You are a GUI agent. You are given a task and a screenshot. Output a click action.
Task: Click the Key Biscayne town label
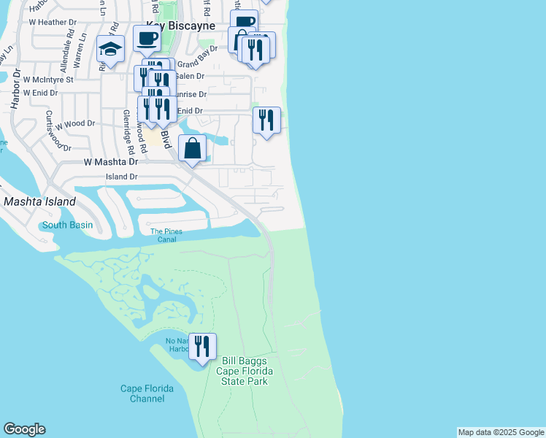pos(179,26)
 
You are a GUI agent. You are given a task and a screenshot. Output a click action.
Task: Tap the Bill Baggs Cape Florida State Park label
pos(242,371)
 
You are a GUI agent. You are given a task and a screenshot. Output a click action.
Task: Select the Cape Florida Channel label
pos(147,393)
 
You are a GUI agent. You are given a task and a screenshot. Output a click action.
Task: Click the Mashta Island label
pos(39,201)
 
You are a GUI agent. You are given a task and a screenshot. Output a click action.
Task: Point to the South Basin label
pos(67,225)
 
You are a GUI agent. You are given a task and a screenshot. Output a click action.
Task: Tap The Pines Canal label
pos(166,236)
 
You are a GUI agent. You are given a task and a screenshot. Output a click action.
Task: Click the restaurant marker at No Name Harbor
pos(202,345)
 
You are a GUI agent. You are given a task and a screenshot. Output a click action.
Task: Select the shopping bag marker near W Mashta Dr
pos(192,148)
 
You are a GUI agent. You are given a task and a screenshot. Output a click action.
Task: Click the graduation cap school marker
pos(111,48)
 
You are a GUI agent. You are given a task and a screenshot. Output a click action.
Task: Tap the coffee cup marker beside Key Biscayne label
pos(147,39)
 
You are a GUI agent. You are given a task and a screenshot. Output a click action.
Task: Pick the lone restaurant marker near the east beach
pos(266,120)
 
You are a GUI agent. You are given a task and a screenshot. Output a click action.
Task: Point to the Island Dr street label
pos(122,177)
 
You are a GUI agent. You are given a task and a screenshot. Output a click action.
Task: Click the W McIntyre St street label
pos(48,79)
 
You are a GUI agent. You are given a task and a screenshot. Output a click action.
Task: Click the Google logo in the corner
pos(24,429)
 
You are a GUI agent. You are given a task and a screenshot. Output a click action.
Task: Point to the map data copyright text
pos(501,432)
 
